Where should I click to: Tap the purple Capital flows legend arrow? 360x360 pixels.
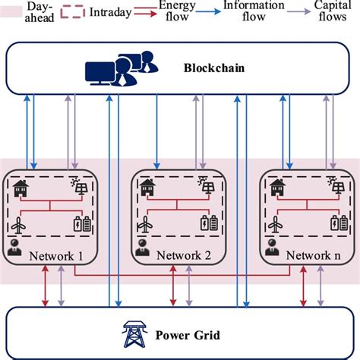coord(318,13)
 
